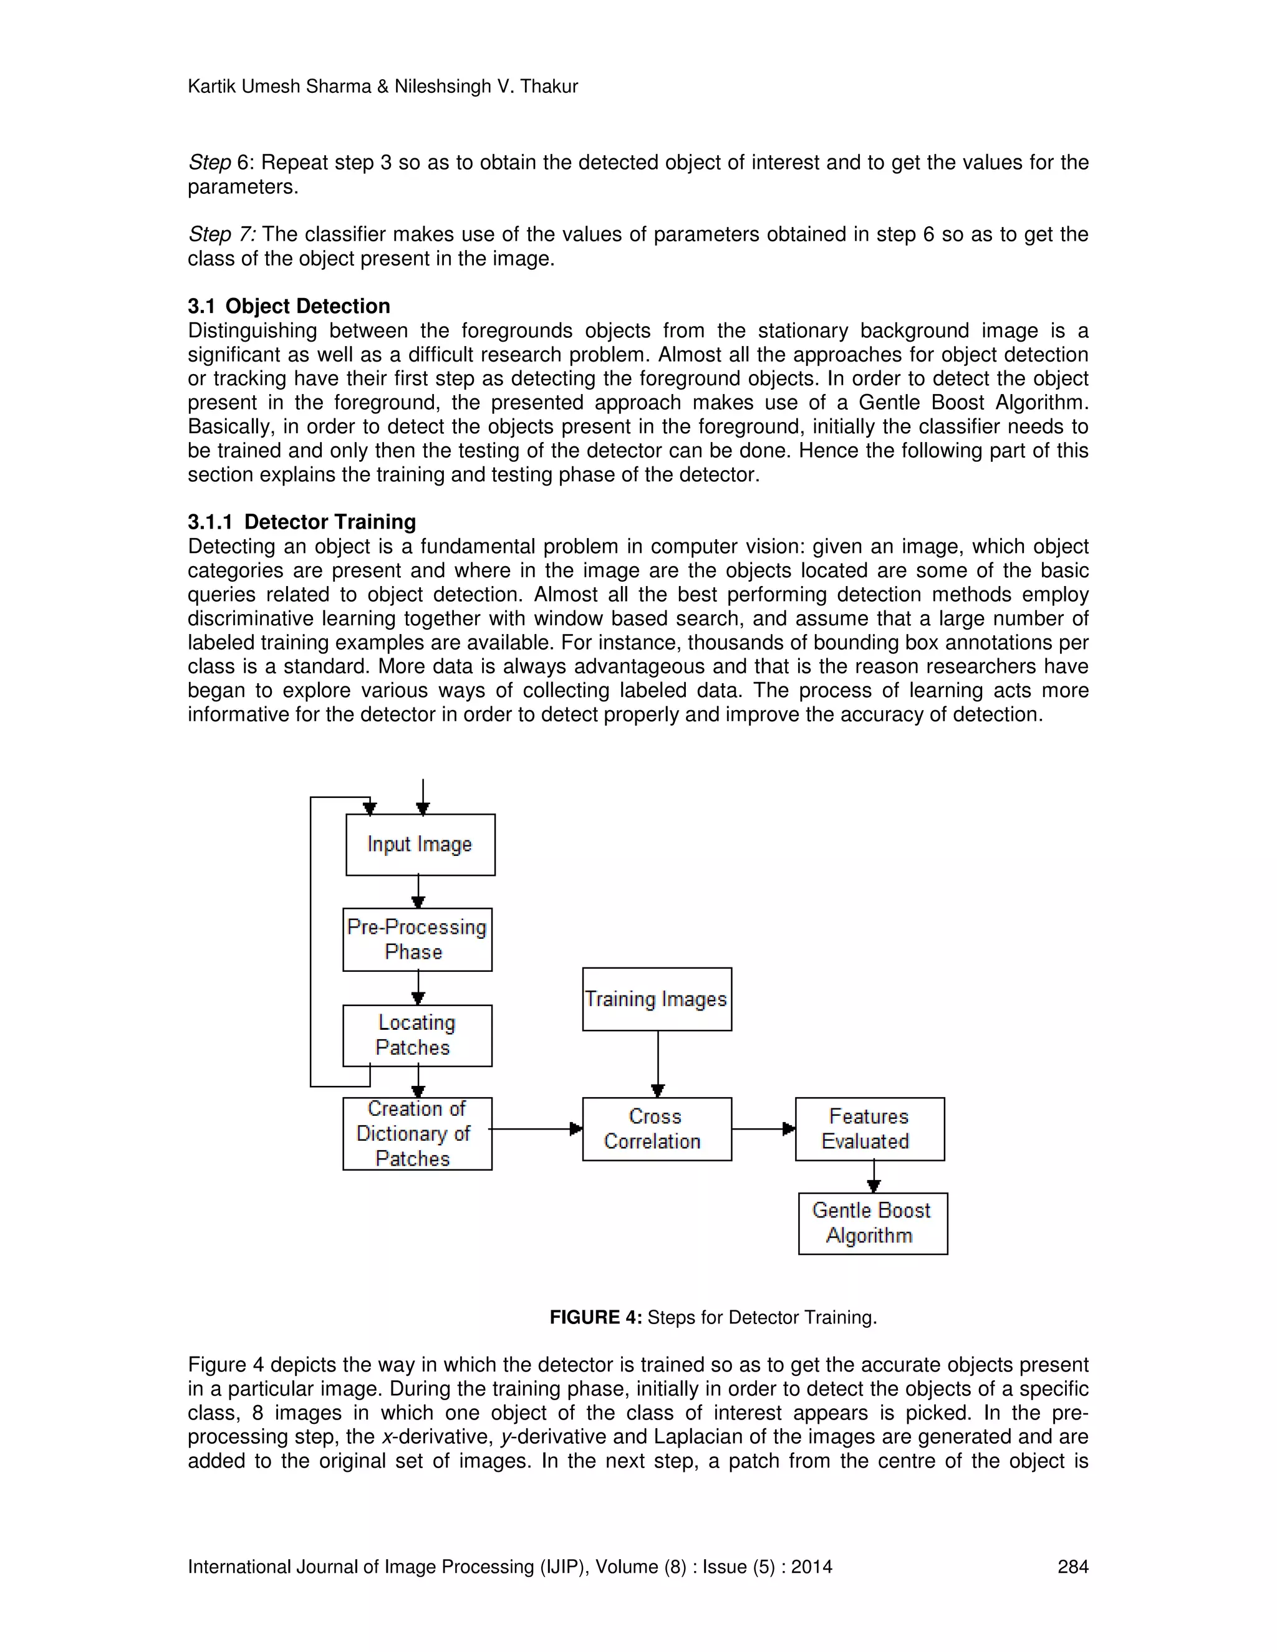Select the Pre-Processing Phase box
point(417,939)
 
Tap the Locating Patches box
point(417,1035)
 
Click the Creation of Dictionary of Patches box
point(417,1133)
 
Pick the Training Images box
point(657,999)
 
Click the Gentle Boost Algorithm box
point(872,1223)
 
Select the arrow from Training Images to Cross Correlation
point(657,1063)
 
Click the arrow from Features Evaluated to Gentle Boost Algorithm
point(874,1176)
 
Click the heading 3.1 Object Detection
point(288,305)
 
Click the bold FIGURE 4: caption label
point(595,1318)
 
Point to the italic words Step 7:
point(221,234)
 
